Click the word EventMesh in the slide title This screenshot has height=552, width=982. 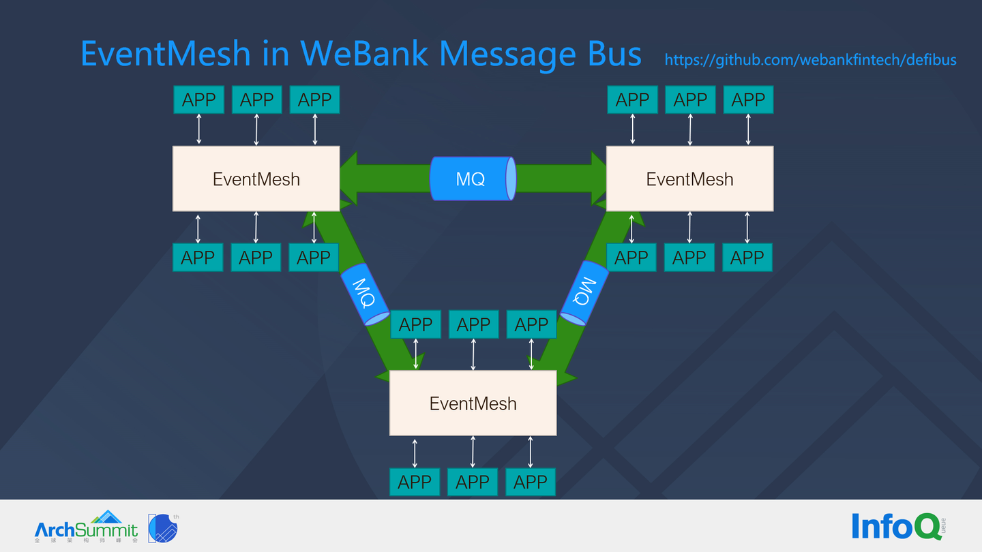click(x=166, y=53)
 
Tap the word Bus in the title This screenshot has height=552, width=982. click(x=614, y=53)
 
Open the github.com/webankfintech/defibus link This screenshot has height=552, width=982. click(x=810, y=60)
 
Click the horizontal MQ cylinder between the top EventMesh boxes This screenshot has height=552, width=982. click(x=472, y=179)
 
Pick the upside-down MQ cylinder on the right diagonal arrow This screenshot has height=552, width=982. click(x=584, y=292)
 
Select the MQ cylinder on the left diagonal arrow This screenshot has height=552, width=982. click(x=365, y=293)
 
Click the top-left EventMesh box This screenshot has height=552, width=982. click(x=256, y=179)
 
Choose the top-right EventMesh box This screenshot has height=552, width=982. click(x=689, y=179)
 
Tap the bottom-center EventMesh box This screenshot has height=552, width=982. click(x=473, y=403)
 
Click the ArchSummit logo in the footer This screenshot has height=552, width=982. click(x=87, y=527)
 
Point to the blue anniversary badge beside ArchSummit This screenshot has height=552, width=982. click(x=163, y=528)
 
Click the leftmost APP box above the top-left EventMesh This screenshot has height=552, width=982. click(x=198, y=100)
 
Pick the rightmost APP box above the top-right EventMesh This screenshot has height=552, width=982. click(x=748, y=100)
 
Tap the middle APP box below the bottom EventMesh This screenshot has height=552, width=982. click(x=473, y=482)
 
